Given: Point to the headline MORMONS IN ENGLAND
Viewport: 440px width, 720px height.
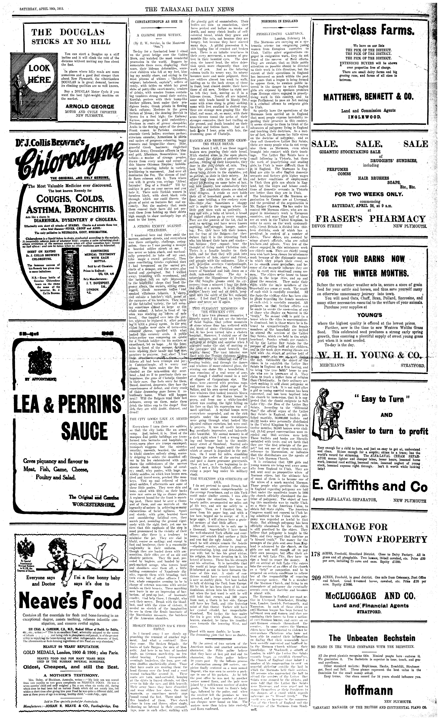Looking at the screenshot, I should [279, 21].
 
